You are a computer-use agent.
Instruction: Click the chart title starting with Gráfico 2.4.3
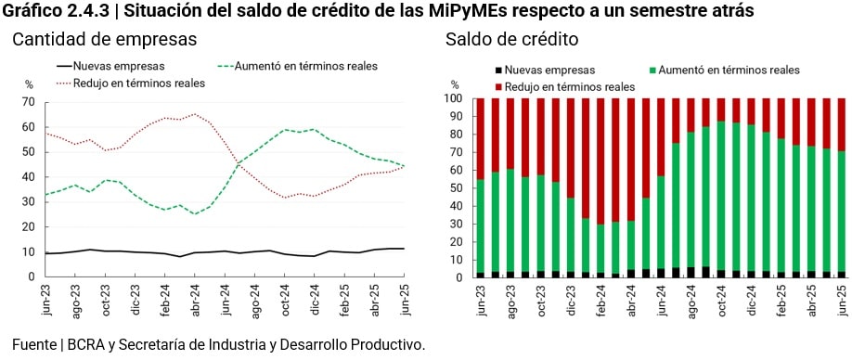[x=378, y=11]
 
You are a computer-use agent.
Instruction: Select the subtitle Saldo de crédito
[x=512, y=40]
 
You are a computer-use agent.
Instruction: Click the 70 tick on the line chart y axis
[x=28, y=102]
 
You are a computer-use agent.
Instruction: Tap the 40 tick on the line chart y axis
[x=28, y=177]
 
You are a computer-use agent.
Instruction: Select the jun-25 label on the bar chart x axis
[x=842, y=301]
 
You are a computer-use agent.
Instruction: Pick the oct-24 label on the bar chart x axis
[x=721, y=301]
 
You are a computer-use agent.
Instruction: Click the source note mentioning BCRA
[x=218, y=344]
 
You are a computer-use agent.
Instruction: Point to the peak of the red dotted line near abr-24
[x=194, y=114]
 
